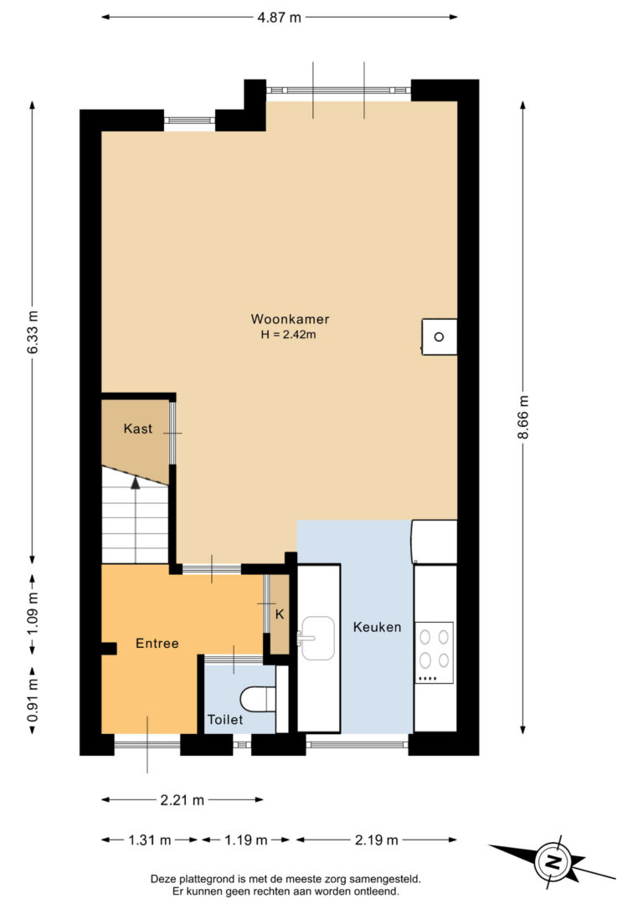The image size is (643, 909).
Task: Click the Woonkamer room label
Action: (290, 319)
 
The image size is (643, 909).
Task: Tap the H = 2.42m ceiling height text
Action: (288, 335)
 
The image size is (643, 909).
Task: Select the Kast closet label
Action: (138, 429)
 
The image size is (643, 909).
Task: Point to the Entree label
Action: (157, 643)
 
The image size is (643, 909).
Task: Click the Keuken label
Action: (377, 627)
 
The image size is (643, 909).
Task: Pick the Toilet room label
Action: (225, 720)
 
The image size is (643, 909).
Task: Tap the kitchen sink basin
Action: (317, 639)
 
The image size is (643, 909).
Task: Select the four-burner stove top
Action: (435, 653)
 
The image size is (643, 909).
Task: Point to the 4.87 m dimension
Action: (280, 18)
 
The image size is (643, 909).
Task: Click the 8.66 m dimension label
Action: (523, 418)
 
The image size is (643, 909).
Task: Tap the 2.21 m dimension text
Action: (182, 800)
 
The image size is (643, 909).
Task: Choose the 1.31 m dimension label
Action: (150, 840)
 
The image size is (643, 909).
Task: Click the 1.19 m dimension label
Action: (246, 840)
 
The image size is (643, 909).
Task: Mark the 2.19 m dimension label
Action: (376, 840)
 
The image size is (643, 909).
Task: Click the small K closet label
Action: (280, 614)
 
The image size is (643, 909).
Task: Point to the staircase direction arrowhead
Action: (135, 482)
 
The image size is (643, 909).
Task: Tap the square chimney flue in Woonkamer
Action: (439, 336)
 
